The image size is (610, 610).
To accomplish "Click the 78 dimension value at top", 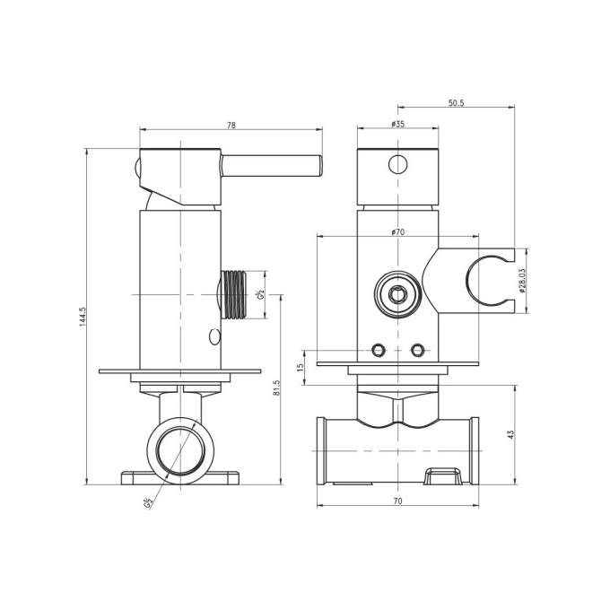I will (231, 126).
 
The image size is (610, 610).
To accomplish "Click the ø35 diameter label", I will (397, 126).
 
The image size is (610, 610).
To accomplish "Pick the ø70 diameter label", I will (397, 231).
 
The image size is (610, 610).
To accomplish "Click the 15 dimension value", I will (301, 366).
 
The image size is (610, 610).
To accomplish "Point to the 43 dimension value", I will (511, 434).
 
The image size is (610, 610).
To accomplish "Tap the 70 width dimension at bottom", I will (397, 501).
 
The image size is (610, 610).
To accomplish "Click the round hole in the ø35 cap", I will (397, 164).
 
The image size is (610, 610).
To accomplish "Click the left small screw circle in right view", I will (379, 349).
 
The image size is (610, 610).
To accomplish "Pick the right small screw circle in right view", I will (416, 349).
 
